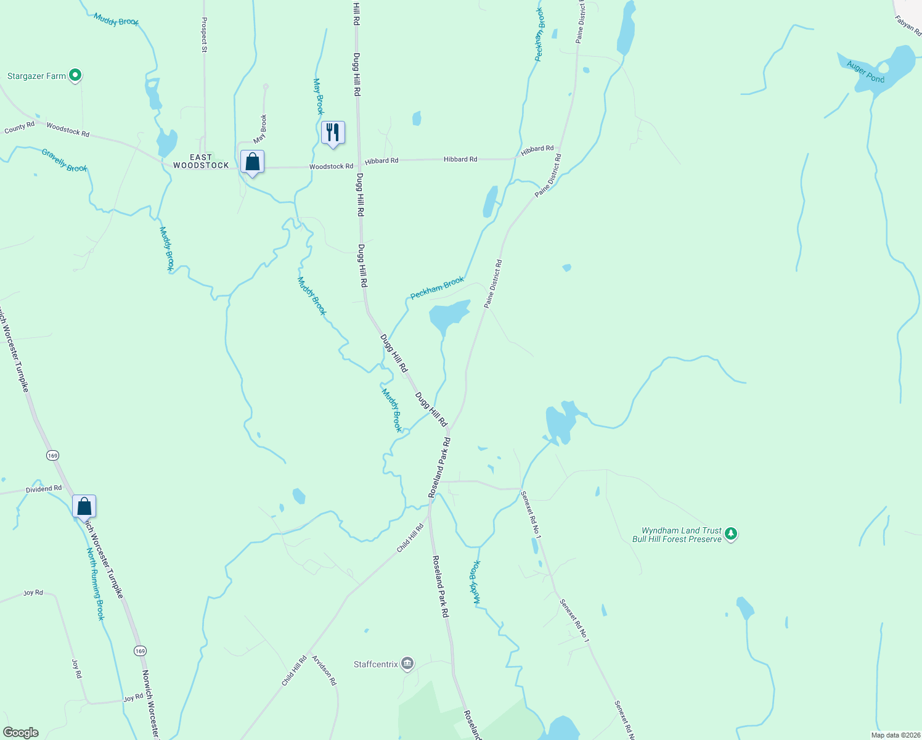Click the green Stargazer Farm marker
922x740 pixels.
click(75, 76)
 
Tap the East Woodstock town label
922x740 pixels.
click(201, 162)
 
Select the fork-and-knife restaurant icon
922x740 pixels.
click(333, 132)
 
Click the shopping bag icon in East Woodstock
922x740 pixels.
click(252, 162)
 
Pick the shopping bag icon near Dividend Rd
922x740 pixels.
click(84, 507)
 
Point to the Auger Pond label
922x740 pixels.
click(865, 72)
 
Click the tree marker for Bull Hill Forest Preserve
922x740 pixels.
click(731, 533)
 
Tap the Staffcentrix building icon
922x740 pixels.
click(407, 664)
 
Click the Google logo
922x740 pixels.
click(21, 733)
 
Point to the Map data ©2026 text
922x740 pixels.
click(895, 735)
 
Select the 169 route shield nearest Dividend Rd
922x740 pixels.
click(52, 455)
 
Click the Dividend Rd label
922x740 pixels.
click(44, 489)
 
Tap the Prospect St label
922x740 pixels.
click(204, 34)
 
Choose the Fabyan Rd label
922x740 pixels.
click(908, 26)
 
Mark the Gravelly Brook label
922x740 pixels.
click(65, 160)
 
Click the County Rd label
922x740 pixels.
click(20, 128)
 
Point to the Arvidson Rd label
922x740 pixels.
click(324, 670)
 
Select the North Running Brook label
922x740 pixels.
click(96, 584)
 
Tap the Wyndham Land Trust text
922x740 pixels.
click(681, 530)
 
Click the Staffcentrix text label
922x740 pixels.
click(376, 664)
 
